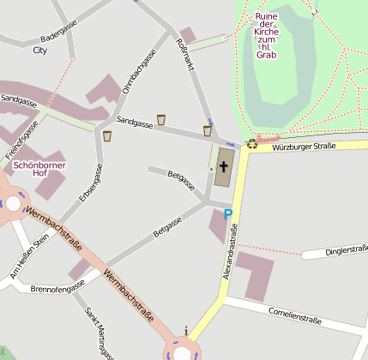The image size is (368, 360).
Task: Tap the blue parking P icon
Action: click(x=227, y=214)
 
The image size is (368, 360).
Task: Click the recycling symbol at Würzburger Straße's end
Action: click(x=251, y=145)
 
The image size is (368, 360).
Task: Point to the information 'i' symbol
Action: click(x=186, y=330)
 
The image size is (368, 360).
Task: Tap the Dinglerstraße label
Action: click(x=346, y=250)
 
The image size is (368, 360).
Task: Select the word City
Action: click(x=39, y=51)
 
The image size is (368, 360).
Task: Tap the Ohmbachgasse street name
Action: click(x=139, y=72)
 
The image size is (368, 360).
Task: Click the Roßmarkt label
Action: click(x=184, y=56)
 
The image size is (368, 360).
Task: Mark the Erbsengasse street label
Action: click(x=90, y=183)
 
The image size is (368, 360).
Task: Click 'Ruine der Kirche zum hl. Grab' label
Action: click(x=267, y=35)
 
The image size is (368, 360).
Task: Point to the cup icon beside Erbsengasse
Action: click(x=107, y=135)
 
